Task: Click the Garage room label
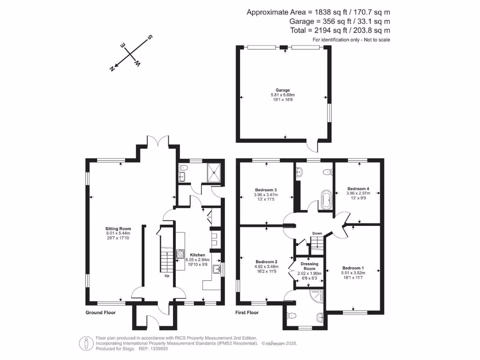pyautogui.click(x=283, y=90)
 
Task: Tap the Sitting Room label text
pyautogui.click(x=118, y=229)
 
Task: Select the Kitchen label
pyautogui.click(x=197, y=255)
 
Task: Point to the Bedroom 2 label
pyautogui.click(x=267, y=262)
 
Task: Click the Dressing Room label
pyautogui.click(x=309, y=266)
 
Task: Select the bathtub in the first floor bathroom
pyautogui.click(x=325, y=200)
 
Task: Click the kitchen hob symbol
pyautogui.click(x=180, y=254)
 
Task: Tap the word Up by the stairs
pyautogui.click(x=166, y=276)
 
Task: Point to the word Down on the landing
pyautogui.click(x=317, y=233)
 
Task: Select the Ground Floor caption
pyautogui.click(x=100, y=312)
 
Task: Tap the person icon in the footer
pyautogui.click(x=86, y=344)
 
